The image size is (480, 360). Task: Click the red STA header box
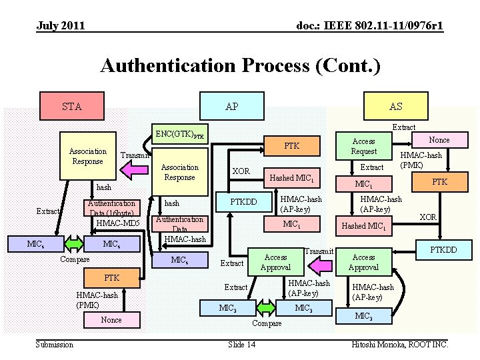coord(72,107)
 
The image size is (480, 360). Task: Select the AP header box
coord(232,107)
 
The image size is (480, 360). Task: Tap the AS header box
coord(396,107)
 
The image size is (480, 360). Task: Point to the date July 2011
coord(61,26)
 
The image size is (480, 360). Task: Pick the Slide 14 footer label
coord(241,344)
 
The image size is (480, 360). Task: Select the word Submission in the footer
coord(55,344)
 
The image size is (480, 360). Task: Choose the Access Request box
coord(364,146)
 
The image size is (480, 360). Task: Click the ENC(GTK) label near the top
coord(180,134)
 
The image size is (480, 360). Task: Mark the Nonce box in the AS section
coord(439,140)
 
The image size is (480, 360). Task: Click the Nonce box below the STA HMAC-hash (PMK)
coord(111,320)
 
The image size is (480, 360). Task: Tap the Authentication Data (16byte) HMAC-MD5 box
coord(112,213)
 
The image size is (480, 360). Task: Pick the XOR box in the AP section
coord(241,171)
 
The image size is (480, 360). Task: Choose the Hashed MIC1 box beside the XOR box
coord(291,177)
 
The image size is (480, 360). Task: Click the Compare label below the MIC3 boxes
coord(266,323)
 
